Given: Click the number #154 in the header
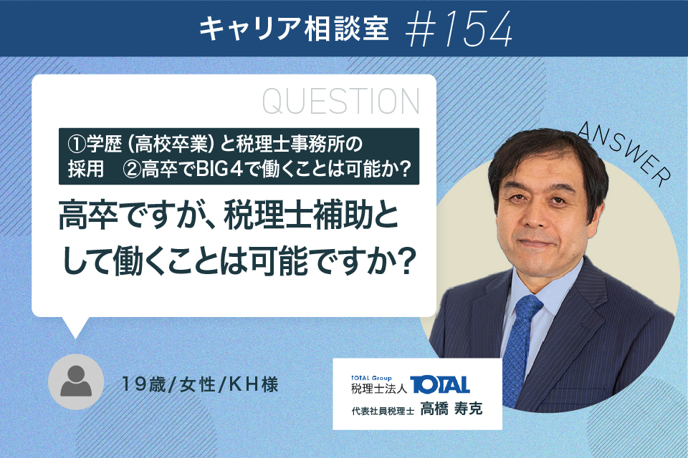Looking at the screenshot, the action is tap(459, 29).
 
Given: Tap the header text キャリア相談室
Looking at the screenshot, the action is tap(294, 29).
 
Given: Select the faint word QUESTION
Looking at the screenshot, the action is tap(341, 101).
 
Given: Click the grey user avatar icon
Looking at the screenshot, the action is tap(76, 381).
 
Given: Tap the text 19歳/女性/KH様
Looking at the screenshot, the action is tap(200, 385).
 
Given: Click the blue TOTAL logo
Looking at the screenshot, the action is tap(439, 385).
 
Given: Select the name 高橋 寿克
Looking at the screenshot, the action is tap(451, 409).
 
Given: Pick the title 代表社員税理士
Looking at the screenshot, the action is tap(383, 411).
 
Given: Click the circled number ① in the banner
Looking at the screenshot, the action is tap(77, 144).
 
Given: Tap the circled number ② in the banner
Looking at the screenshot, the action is tap(132, 170).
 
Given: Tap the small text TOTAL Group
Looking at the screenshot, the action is tap(371, 378).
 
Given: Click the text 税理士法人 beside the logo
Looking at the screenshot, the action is tap(379, 389).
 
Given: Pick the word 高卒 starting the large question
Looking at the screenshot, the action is tap(88, 216).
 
